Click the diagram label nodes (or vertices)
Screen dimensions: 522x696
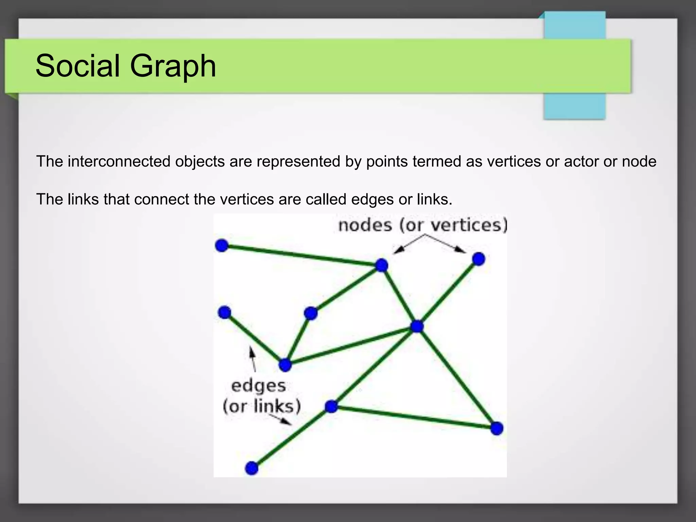422,225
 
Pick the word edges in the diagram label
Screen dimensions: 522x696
258,386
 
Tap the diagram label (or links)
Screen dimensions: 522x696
261,406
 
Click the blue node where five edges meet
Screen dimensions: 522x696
417,327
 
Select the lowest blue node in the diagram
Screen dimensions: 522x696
251,468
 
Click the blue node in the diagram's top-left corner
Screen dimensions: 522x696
222,245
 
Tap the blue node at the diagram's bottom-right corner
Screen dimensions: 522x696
497,428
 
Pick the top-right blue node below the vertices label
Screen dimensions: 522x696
478,259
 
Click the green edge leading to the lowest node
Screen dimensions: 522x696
291,437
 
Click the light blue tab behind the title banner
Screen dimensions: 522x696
575,105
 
